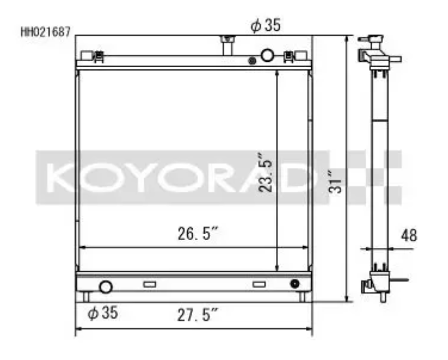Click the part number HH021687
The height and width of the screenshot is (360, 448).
click(46, 32)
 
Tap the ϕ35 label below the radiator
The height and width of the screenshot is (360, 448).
click(103, 313)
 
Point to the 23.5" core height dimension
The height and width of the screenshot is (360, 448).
click(266, 172)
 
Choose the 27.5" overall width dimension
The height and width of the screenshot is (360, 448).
click(197, 313)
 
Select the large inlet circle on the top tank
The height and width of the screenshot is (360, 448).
click(268, 55)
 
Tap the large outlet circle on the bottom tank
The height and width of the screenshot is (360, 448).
click(106, 287)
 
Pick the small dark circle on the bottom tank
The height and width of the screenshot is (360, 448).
click(295, 284)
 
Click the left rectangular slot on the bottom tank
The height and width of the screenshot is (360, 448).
click(149, 284)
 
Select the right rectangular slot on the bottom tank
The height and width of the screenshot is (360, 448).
click(259, 284)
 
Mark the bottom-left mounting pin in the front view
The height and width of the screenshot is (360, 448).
click(86, 297)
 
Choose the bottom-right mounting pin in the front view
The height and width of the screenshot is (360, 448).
click(303, 297)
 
